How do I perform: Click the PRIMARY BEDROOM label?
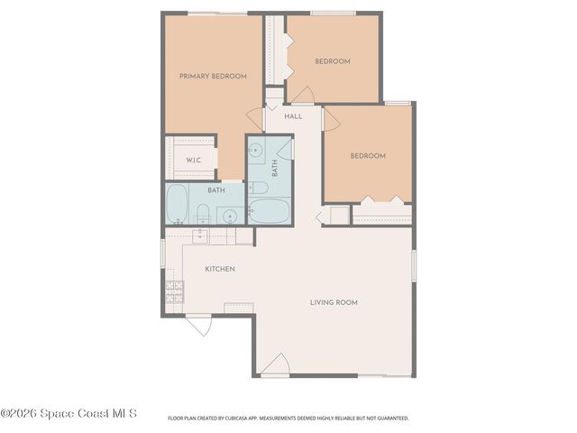[x=213, y=77]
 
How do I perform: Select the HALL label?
[x=293, y=116]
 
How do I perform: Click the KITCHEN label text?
[x=220, y=270]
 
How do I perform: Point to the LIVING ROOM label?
[x=334, y=302]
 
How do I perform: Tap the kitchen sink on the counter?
[x=200, y=236]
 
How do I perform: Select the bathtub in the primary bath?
[x=177, y=205]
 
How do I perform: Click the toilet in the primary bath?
[x=204, y=215]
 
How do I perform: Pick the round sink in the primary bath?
[x=229, y=216]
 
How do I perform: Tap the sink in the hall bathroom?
[x=256, y=150]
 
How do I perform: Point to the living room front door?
[x=277, y=364]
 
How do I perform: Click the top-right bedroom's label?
[x=332, y=61]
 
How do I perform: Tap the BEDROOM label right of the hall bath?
[x=368, y=156]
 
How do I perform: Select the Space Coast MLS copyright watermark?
[x=69, y=414]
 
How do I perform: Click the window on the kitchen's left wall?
[x=163, y=253]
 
